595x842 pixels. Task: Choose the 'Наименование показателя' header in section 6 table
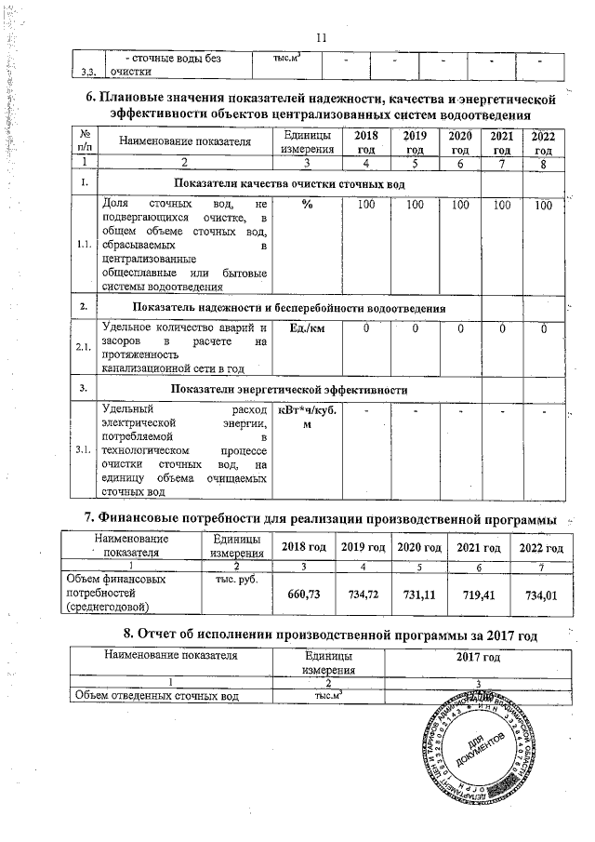coord(183,141)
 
